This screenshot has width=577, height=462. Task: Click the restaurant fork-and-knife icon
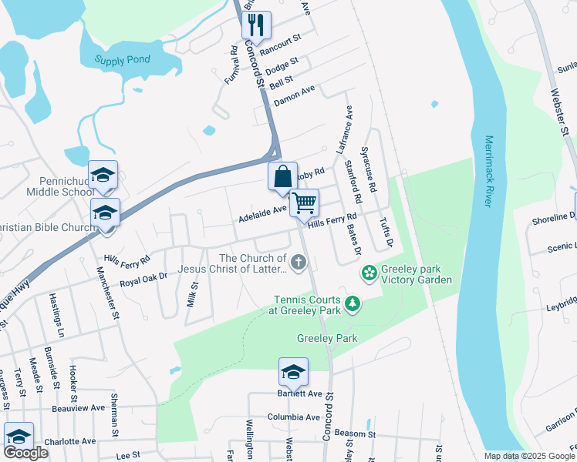[256, 25]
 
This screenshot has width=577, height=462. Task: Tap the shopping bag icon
[283, 176]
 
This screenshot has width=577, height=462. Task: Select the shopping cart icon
[305, 203]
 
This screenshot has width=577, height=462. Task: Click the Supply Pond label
[123, 59]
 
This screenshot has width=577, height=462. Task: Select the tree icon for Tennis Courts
[353, 304]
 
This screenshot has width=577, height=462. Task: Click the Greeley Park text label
[326, 338]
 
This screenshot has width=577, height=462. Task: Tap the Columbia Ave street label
[294, 417]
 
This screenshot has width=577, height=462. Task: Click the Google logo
[25, 453]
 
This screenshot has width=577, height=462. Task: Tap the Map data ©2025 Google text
[529, 456]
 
